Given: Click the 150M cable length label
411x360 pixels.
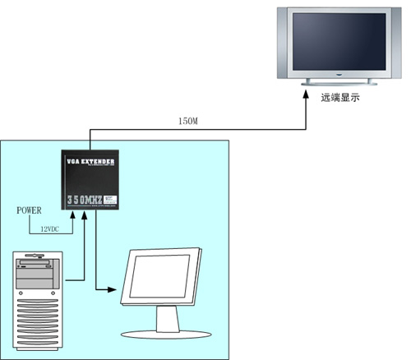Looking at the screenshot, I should [x=187, y=122].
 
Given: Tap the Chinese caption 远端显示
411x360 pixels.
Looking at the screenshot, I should [x=339, y=98].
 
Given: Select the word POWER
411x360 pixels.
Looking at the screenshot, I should [x=29, y=211].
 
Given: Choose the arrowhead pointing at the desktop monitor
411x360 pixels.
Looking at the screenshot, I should [x=115, y=288].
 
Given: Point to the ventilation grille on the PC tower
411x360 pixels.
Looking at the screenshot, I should [x=36, y=325].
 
